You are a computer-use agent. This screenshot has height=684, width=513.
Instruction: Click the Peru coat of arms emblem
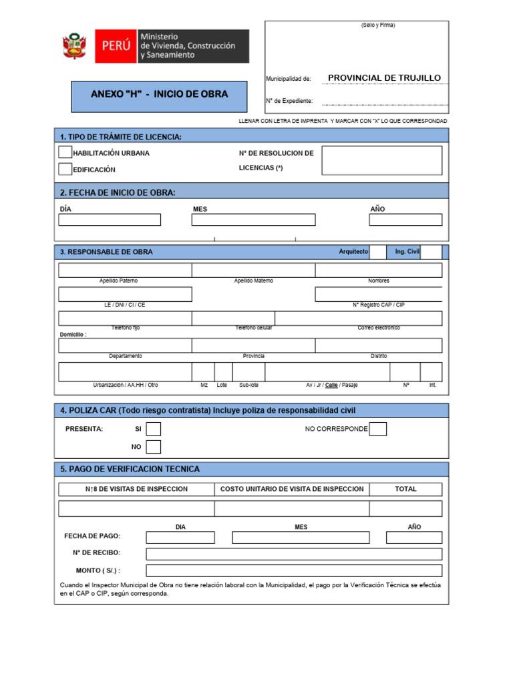point(75,46)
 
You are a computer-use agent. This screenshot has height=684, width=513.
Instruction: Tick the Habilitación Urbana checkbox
point(65,153)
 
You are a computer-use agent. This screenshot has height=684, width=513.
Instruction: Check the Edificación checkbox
point(65,170)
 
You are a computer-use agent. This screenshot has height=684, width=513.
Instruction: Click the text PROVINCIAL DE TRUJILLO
point(384,78)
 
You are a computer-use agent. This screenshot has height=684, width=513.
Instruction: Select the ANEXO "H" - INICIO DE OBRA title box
point(159,95)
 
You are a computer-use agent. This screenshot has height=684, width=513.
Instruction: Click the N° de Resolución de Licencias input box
point(381,160)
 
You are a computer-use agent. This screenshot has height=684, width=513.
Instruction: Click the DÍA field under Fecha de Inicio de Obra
point(110,220)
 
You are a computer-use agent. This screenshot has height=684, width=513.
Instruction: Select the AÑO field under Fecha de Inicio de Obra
point(405,220)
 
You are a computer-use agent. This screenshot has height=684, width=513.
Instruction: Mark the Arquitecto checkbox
point(377,252)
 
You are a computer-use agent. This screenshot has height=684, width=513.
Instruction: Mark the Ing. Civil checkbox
point(431,252)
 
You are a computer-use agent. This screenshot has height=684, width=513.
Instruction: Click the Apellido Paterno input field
point(125,271)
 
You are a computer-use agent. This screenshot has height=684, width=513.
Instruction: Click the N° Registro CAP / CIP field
point(378,295)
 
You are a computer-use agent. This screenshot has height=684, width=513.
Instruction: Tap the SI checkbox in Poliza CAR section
point(154,429)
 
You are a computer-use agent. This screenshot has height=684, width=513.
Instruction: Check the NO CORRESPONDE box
point(378,429)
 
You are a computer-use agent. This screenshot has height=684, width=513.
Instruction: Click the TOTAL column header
point(405,489)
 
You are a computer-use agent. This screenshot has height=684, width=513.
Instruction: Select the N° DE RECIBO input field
point(294,554)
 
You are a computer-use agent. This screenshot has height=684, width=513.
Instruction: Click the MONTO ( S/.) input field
point(294,570)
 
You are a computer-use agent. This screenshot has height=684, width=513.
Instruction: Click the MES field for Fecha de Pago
point(301,537)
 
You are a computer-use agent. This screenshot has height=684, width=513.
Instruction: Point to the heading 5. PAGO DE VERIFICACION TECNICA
point(130,470)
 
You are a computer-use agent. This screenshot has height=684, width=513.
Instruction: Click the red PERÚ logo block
point(116,46)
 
